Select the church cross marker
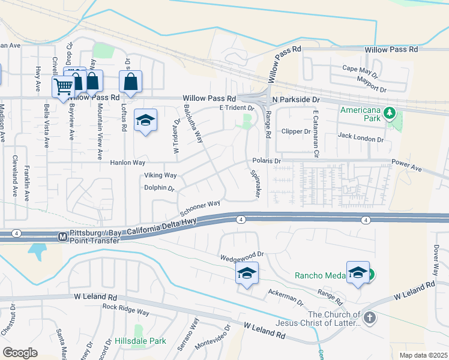click(x=370, y=318)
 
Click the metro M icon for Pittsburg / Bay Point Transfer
click(x=62, y=237)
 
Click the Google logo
click(x=20, y=353)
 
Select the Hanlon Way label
click(x=127, y=163)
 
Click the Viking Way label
click(x=160, y=175)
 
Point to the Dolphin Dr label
click(x=158, y=188)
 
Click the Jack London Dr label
click(x=360, y=139)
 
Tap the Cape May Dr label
click(x=360, y=72)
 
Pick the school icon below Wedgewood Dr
click(x=247, y=274)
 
